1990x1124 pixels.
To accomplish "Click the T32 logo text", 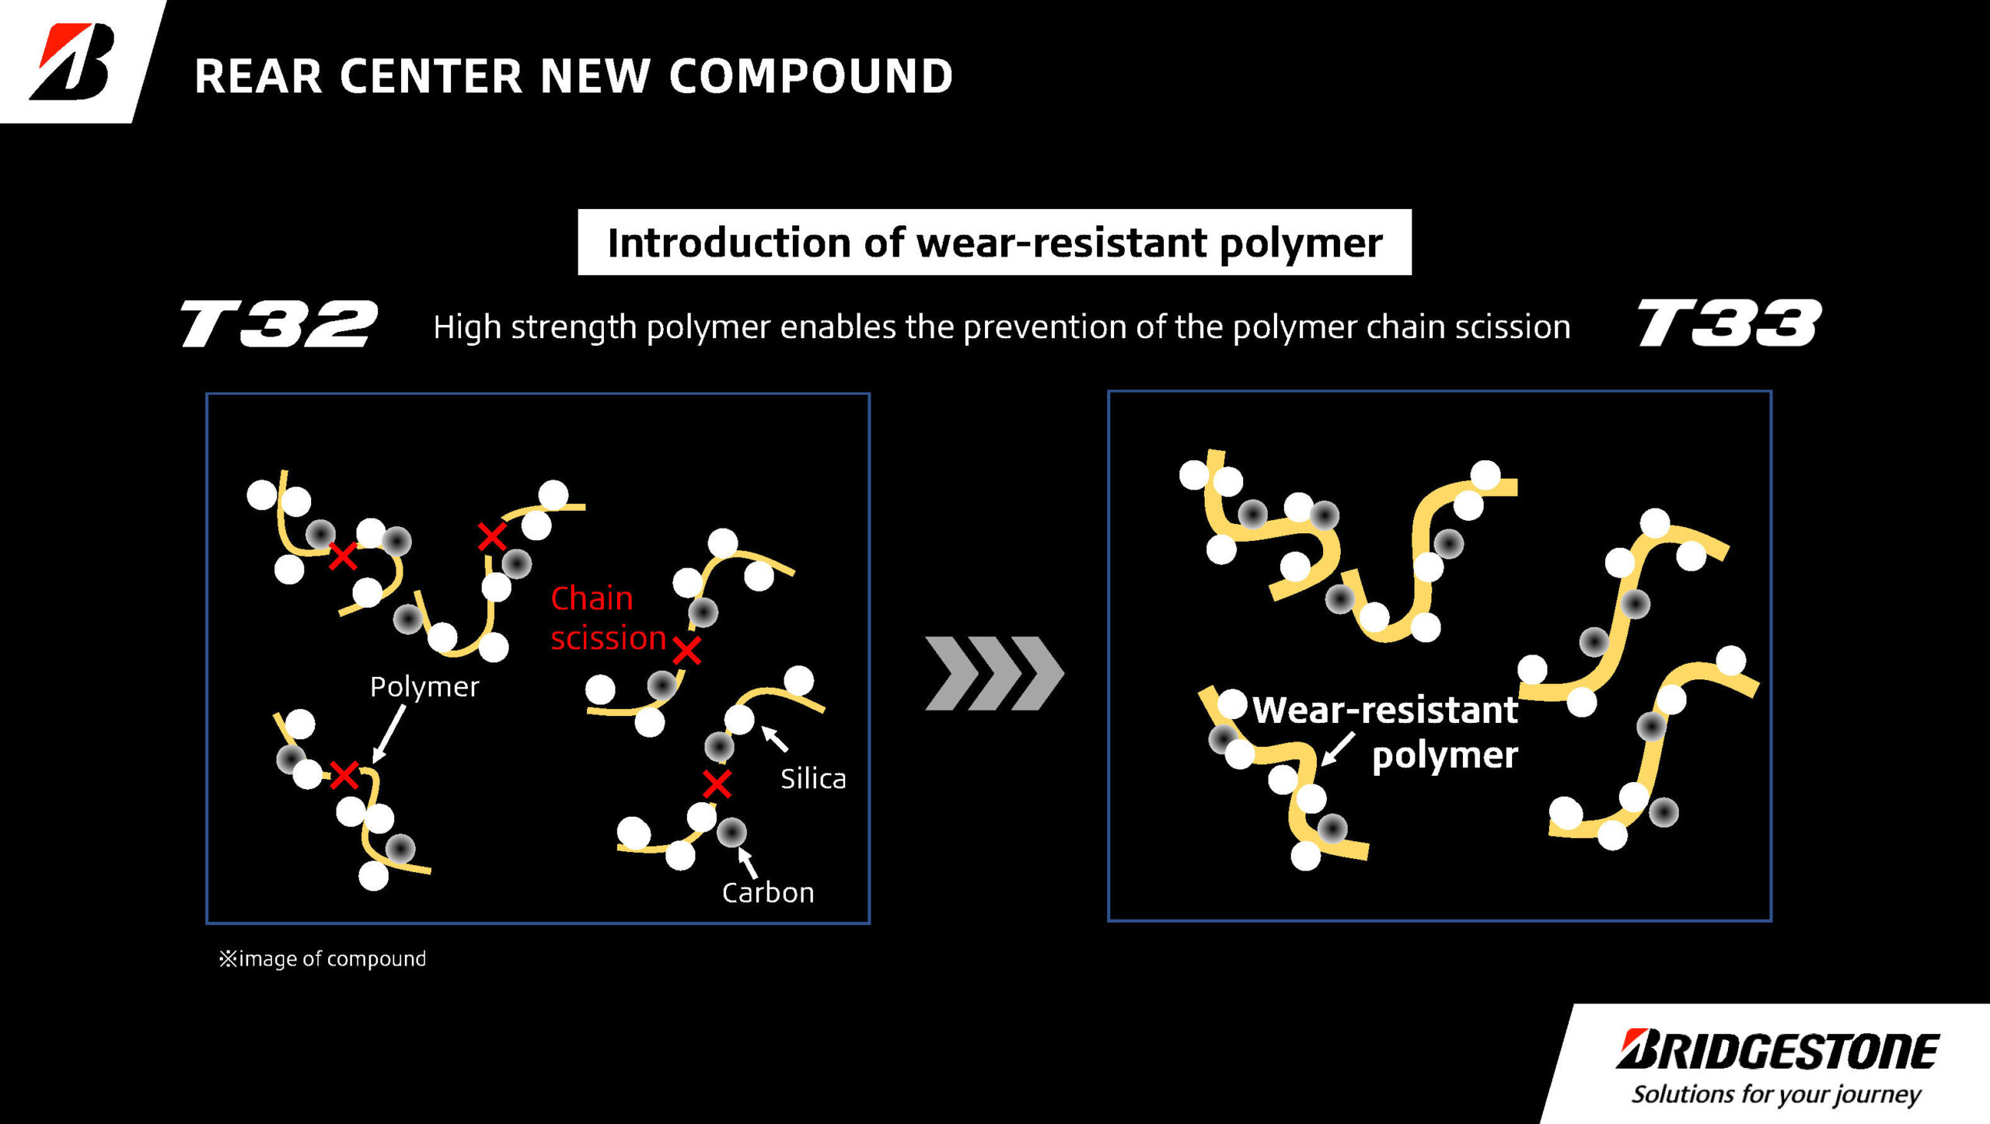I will [x=279, y=323].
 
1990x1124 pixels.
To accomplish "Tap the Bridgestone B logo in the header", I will [x=73, y=61].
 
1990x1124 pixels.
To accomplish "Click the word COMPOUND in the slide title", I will [x=811, y=76].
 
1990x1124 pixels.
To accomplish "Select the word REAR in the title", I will [x=258, y=76].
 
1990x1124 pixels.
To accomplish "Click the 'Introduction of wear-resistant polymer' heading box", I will [x=994, y=243].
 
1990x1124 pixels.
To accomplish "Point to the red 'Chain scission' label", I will [x=607, y=618].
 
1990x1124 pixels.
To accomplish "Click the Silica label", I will [x=813, y=778].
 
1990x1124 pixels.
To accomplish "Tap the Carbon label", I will [x=768, y=892].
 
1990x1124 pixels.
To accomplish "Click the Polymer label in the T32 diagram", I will [x=424, y=686].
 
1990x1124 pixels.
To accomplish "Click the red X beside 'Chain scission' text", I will [x=686, y=651].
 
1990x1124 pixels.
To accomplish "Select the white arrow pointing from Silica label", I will [x=774, y=738].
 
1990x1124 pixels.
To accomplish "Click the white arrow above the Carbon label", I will [x=747, y=861].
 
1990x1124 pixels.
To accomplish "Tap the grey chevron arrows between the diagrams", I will [x=994, y=673].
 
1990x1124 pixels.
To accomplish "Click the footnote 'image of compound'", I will [x=323, y=958].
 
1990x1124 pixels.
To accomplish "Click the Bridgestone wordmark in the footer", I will [x=1778, y=1051].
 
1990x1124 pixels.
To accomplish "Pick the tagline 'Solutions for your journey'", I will [x=1775, y=1094].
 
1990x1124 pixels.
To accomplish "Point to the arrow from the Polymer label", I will [x=389, y=734].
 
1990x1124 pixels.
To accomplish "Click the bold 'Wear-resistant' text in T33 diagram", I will [x=1385, y=710].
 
